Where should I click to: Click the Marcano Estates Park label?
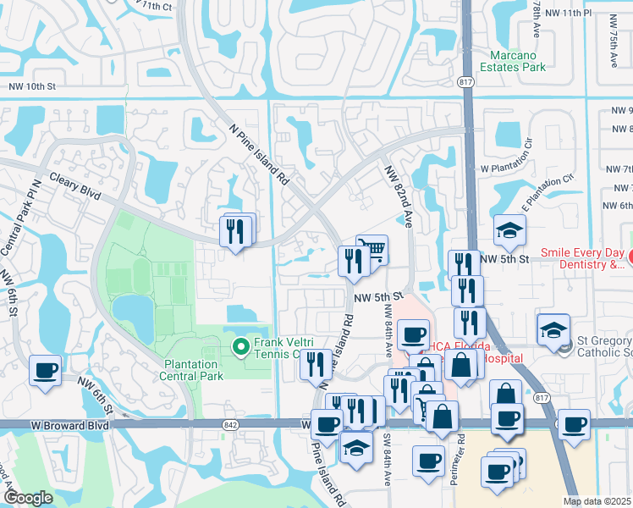(512, 61)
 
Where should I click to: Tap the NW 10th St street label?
(33, 86)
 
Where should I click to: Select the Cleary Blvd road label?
(74, 187)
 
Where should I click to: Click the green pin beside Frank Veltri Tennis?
(239, 345)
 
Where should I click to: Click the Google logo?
(27, 498)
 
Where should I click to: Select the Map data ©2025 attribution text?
(596, 501)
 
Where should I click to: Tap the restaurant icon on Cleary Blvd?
(236, 231)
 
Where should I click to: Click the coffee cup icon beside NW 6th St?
(45, 370)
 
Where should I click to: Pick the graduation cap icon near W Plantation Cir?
(510, 230)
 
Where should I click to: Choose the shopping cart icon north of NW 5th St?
(372, 250)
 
